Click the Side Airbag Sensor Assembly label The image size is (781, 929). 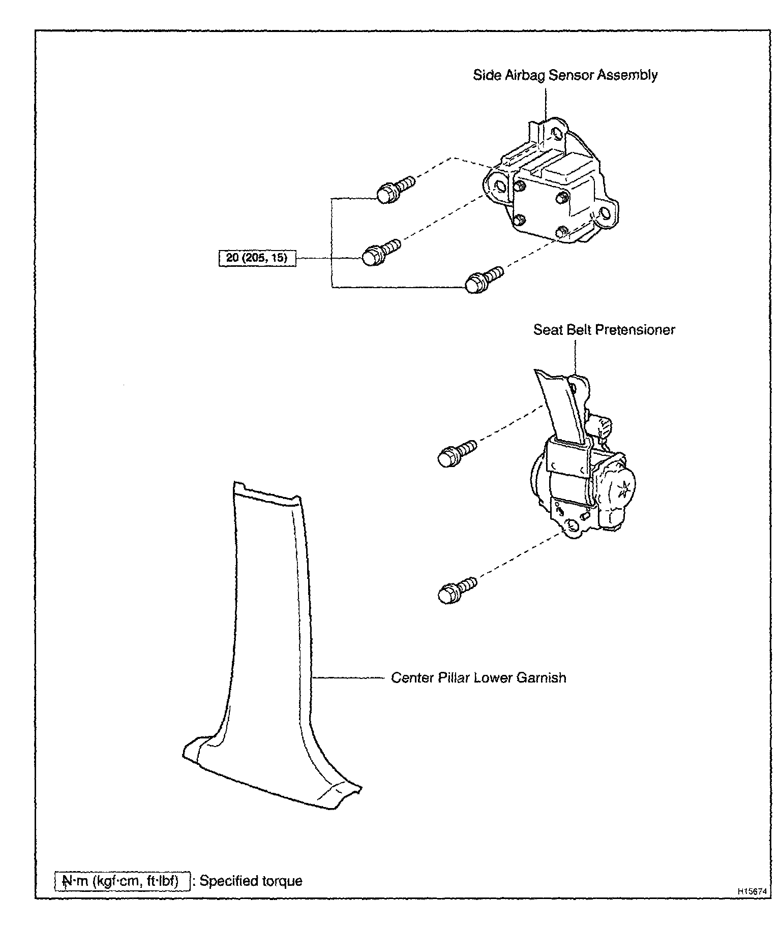tap(565, 75)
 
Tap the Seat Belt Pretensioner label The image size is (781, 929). tap(604, 330)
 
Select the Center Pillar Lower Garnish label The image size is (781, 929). tap(478, 678)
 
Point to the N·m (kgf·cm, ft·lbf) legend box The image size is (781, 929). tap(122, 881)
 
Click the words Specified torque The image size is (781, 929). tap(251, 881)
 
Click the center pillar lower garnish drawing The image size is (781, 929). tap(264, 661)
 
